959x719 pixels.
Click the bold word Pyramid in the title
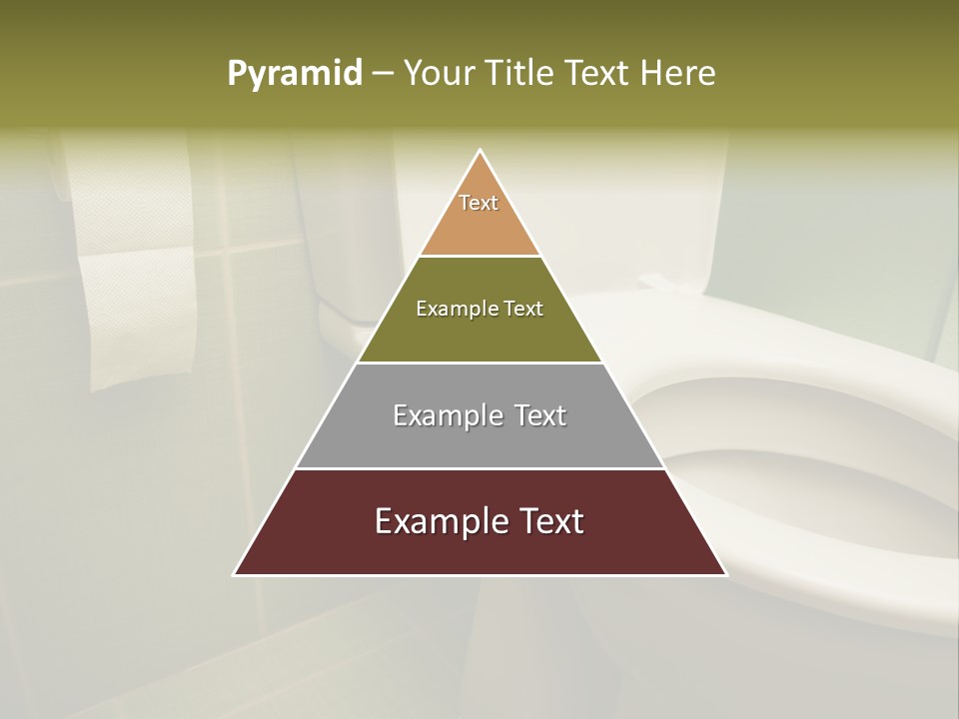click(295, 74)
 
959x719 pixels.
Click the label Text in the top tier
click(479, 203)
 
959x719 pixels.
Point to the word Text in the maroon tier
click(548, 521)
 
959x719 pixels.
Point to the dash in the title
click(383, 74)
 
